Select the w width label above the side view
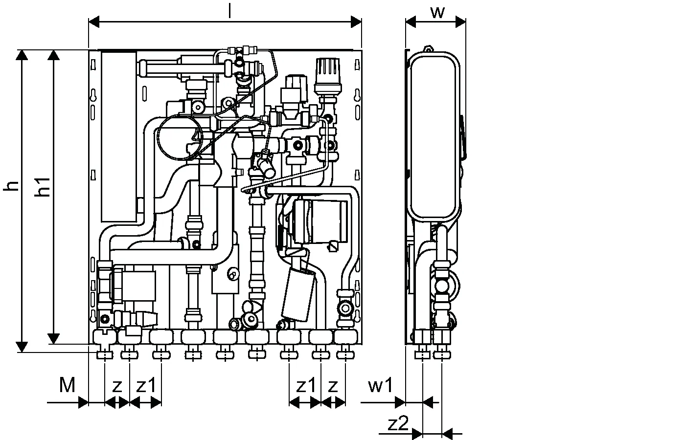[x=437, y=12]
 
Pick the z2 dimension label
[x=398, y=423]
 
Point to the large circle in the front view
[x=179, y=138]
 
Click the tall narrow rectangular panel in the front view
[x=118, y=137]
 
